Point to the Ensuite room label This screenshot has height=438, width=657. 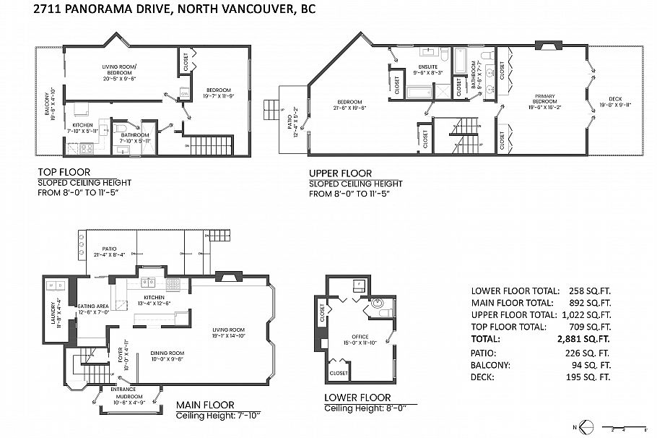tap(426, 70)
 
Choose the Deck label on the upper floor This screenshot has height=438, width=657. tap(614, 102)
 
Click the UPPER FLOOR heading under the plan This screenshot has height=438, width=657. tap(340, 173)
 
